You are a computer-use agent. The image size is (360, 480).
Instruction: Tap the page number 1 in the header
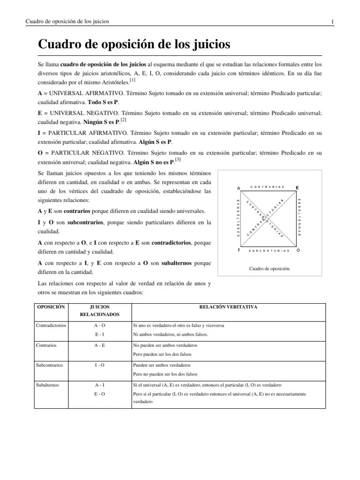[x=332, y=22]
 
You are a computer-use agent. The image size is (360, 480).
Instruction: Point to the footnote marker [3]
[x=179, y=160]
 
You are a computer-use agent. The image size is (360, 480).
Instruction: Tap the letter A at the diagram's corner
[x=239, y=187]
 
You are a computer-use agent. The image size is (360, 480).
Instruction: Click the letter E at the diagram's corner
[x=297, y=187]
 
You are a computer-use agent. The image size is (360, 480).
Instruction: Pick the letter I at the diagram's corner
[x=239, y=250]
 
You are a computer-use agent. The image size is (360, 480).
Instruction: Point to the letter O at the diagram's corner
[x=298, y=250]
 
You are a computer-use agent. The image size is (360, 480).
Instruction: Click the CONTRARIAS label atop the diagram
[x=268, y=187]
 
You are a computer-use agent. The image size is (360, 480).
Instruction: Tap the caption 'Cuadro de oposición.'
[x=269, y=269]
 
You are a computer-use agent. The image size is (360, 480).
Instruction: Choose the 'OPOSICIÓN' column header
[x=51, y=307]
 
